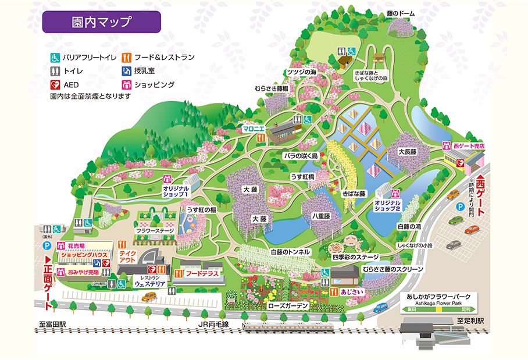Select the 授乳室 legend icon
pyautogui.click(x=126, y=71)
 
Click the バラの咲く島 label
pyautogui.click(x=300, y=156)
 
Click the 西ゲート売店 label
pyautogui.click(x=469, y=145)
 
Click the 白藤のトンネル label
pyautogui.click(x=291, y=252)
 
